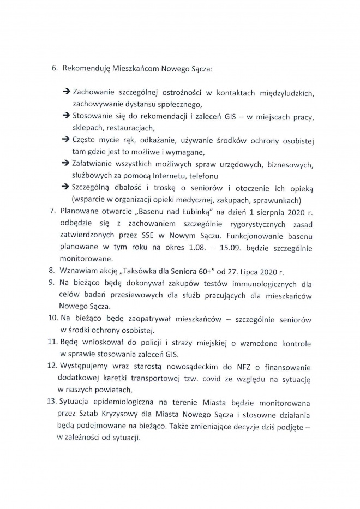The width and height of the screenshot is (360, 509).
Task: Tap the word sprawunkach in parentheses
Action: (x=278, y=200)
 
